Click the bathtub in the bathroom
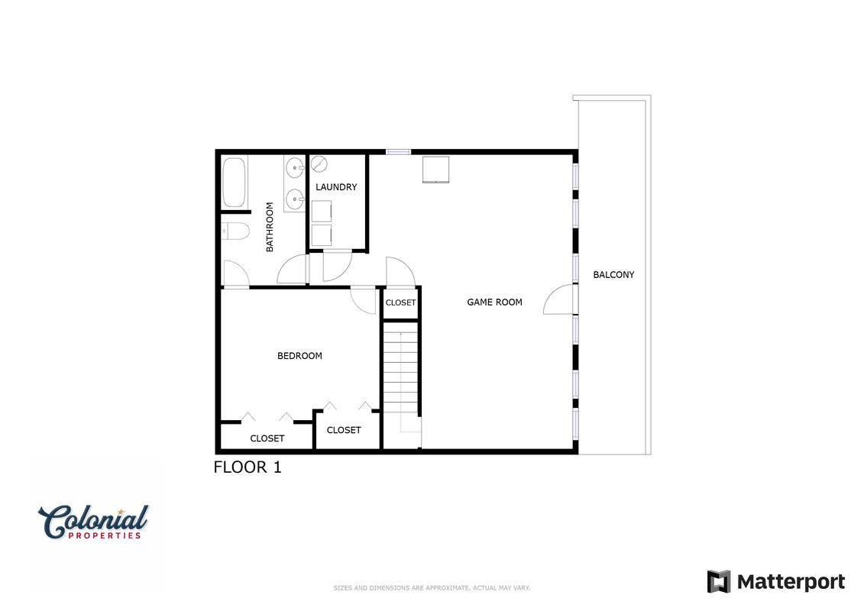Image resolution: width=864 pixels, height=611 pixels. click(x=235, y=183)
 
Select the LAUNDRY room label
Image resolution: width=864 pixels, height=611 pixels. click(x=336, y=187)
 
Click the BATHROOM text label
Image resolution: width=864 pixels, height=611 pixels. click(x=270, y=227)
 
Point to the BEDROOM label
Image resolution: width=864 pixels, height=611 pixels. click(x=299, y=356)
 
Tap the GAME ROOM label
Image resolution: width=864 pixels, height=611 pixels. click(x=494, y=302)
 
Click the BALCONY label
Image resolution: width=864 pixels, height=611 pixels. click(x=613, y=274)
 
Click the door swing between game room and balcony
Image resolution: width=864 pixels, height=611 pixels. click(x=558, y=299)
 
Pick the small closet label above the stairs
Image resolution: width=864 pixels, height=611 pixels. click(x=400, y=302)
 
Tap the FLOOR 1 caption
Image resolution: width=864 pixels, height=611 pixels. click(x=248, y=467)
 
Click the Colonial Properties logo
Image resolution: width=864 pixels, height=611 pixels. click(x=93, y=522)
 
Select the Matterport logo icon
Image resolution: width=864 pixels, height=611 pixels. click(x=719, y=582)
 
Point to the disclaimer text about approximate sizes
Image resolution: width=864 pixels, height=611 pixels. click(x=432, y=588)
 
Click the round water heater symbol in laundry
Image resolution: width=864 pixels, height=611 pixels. click(x=319, y=163)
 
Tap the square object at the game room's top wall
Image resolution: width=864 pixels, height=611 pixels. click(x=436, y=169)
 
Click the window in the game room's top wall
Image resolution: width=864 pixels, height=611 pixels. click(x=399, y=152)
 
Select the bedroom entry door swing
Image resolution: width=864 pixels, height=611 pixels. click(x=363, y=299)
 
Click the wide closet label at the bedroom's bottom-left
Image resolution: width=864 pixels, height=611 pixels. click(x=267, y=438)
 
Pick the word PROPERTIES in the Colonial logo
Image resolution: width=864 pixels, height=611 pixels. click(x=105, y=535)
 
